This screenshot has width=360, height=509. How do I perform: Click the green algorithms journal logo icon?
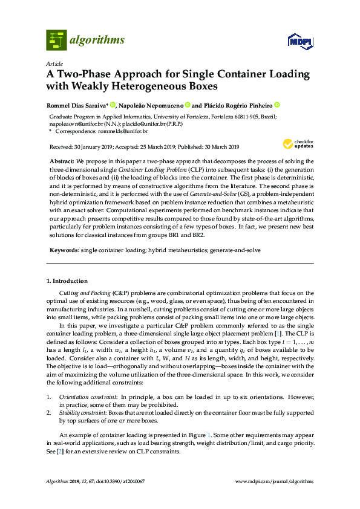(56, 41)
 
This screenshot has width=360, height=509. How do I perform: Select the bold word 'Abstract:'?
(62, 162)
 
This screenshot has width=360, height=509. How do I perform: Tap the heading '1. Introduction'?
(67, 281)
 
